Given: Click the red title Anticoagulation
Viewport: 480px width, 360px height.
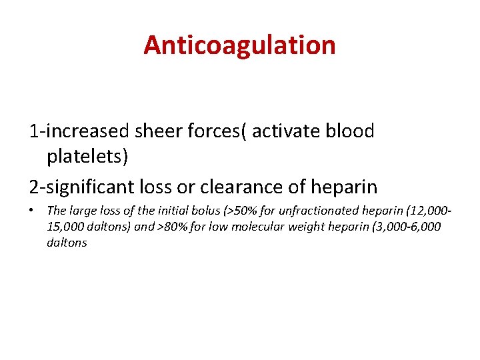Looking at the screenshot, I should (239, 45).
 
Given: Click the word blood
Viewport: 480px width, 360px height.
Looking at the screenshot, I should (351, 131).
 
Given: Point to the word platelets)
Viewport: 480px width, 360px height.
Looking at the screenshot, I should (87, 157).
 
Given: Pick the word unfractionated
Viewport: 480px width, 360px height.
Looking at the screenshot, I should (313, 211).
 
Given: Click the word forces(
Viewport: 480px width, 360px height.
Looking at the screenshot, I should (216, 131).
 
